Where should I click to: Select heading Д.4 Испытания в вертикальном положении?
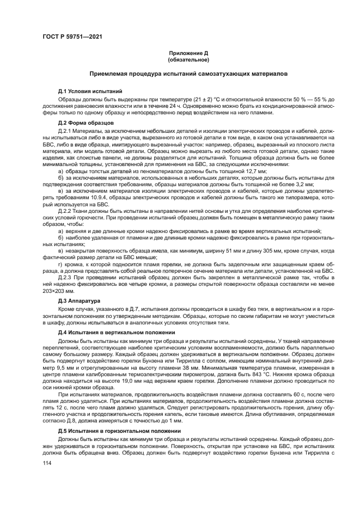coord(116,333)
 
